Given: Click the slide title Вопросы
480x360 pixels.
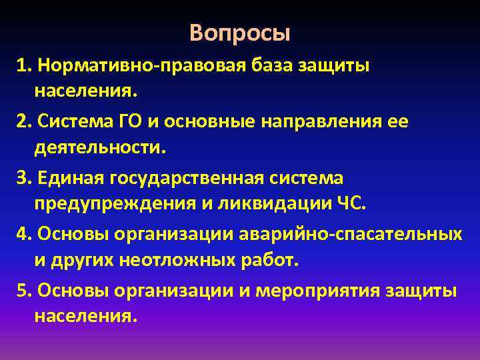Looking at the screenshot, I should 240,33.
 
